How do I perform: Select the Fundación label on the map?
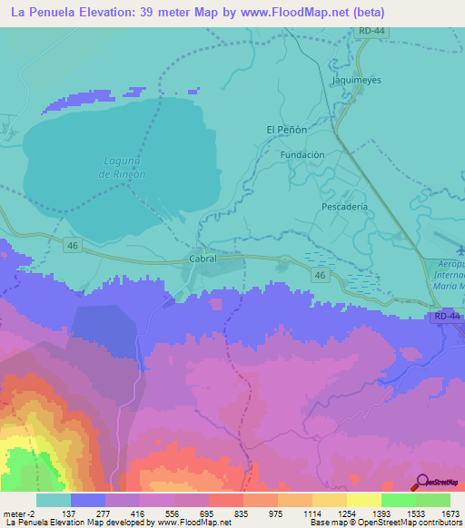pyautogui.click(x=302, y=155)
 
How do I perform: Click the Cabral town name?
pyautogui.click(x=203, y=259)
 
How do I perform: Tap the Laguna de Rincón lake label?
pyautogui.click(x=123, y=168)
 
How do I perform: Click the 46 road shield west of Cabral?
pyautogui.click(x=72, y=245)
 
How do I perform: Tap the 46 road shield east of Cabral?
pyautogui.click(x=319, y=273)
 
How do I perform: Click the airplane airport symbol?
pyautogui.click(x=459, y=248)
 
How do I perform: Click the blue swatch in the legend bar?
pyautogui.click(x=88, y=500)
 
